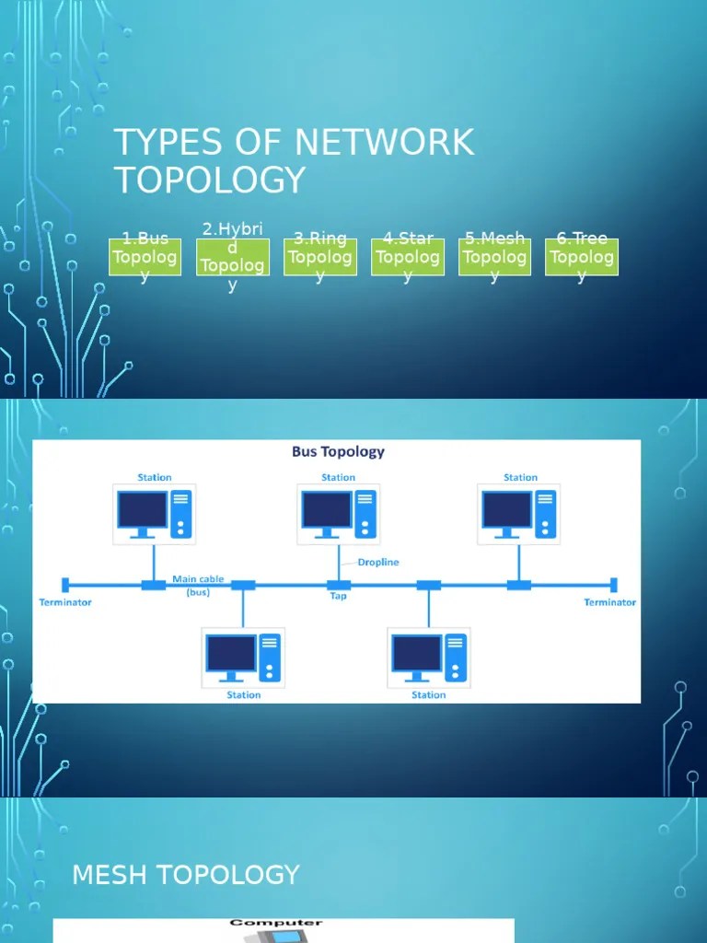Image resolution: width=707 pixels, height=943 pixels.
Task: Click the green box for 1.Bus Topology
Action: coord(145,257)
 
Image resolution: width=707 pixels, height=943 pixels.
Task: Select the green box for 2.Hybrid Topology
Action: coord(233,257)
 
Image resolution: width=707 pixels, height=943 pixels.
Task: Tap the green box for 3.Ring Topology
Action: coord(319,257)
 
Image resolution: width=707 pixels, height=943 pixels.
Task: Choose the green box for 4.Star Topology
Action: coord(408,257)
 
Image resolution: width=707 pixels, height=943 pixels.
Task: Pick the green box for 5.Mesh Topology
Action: coord(494,257)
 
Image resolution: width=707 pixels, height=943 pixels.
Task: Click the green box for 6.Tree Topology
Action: coord(582,257)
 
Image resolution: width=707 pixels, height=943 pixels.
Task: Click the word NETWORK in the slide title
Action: coord(385,143)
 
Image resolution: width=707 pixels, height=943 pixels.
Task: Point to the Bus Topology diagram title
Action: coord(338,451)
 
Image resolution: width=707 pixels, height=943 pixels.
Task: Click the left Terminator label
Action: coord(65,602)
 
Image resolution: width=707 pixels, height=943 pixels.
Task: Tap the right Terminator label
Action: coord(609,602)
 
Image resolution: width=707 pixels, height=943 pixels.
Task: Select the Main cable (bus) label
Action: coord(198,586)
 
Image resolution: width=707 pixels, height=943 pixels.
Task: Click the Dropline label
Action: coord(377,562)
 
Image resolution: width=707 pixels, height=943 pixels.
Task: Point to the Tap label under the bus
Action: coord(338,597)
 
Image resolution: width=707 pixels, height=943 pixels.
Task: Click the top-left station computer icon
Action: coord(154,513)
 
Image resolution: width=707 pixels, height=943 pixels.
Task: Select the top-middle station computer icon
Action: coord(338,513)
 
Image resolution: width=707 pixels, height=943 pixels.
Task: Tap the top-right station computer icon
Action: coord(520,513)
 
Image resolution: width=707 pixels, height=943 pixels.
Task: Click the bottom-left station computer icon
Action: coord(244,657)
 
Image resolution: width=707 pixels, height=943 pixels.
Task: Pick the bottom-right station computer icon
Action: coord(429,657)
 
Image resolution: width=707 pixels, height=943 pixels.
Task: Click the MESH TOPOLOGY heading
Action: coord(186,875)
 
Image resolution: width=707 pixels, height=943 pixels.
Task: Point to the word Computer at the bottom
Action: coord(276,923)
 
